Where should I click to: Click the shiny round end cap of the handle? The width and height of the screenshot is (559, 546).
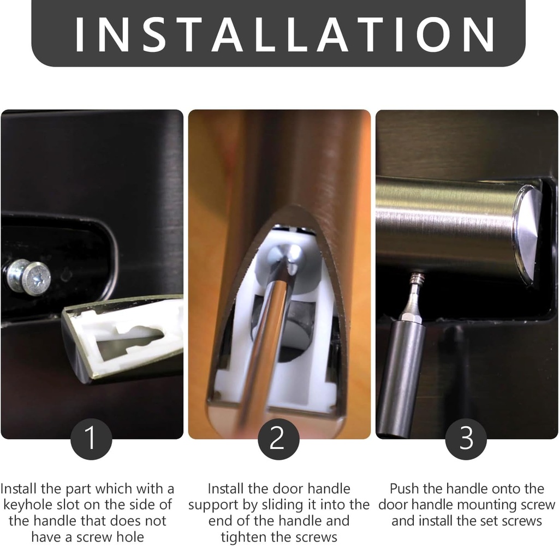(x=527, y=235)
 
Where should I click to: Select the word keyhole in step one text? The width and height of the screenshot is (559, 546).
(x=31, y=505)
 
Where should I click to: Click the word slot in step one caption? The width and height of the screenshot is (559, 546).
(x=79, y=505)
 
